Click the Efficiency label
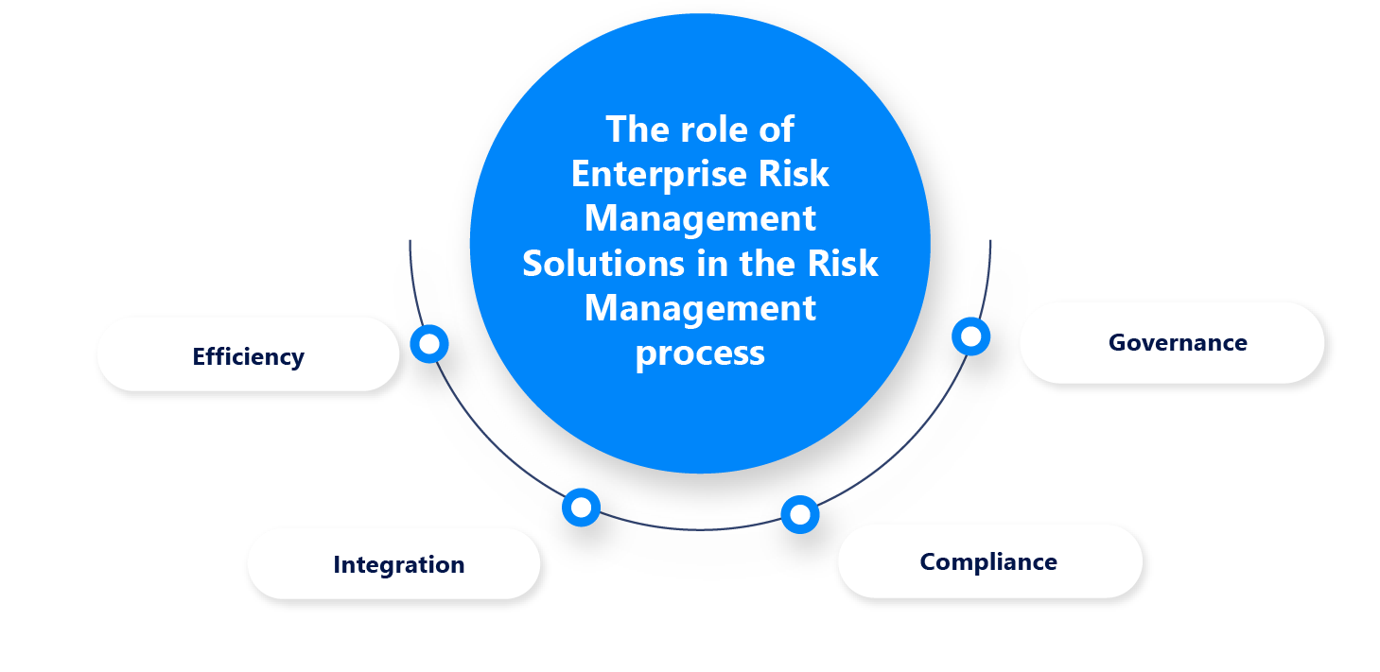(x=248, y=356)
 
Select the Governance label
(x=1178, y=342)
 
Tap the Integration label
(x=398, y=564)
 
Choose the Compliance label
(x=988, y=561)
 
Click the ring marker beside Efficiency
(x=429, y=344)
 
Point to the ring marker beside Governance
(x=970, y=336)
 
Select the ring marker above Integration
(x=581, y=508)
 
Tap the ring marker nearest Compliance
(x=800, y=514)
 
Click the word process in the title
(x=700, y=353)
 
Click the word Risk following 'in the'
(x=843, y=264)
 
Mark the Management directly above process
(x=700, y=308)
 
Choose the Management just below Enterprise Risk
(x=700, y=218)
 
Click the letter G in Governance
(x=1117, y=342)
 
